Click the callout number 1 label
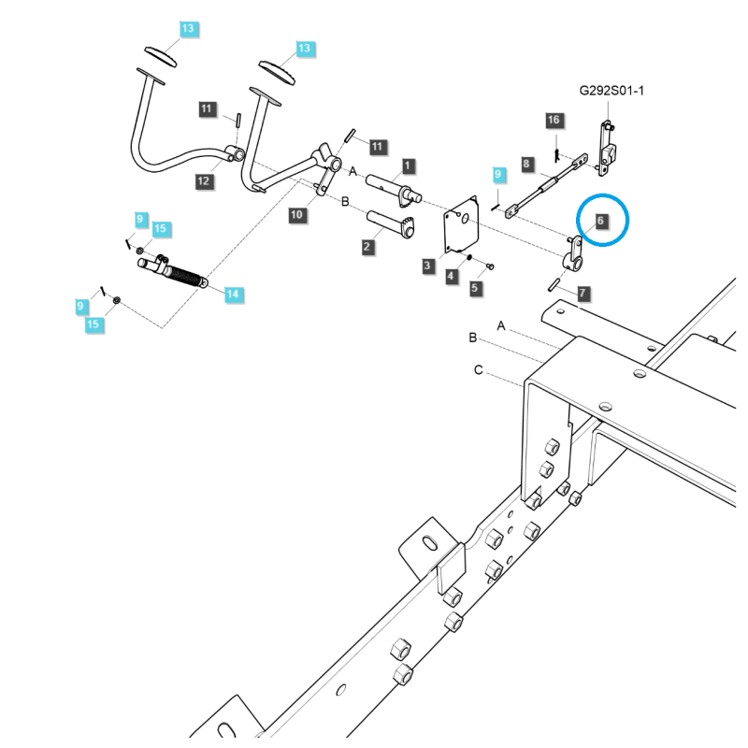(x=409, y=165)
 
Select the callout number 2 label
(x=367, y=247)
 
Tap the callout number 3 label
(x=427, y=266)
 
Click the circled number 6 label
(x=601, y=221)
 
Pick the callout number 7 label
(x=582, y=294)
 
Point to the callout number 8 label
(x=526, y=165)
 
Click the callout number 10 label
(x=297, y=215)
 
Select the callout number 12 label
(x=203, y=181)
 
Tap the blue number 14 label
(x=232, y=295)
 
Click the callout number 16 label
(x=554, y=121)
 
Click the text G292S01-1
(x=611, y=91)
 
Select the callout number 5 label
(x=475, y=288)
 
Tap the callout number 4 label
(x=452, y=276)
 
